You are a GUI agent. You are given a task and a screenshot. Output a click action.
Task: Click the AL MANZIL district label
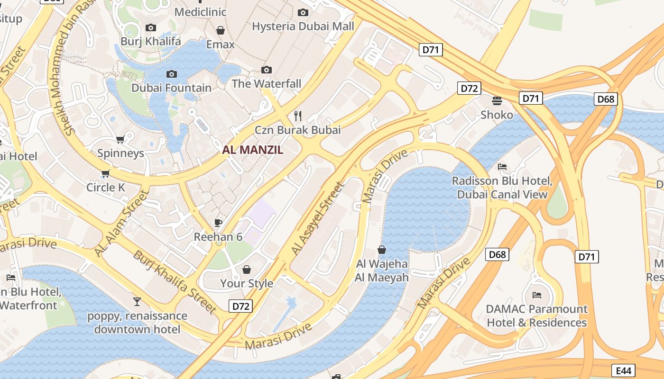253,150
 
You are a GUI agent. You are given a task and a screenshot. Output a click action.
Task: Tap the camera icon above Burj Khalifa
151,28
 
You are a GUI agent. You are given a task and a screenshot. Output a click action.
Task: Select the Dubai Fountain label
171,88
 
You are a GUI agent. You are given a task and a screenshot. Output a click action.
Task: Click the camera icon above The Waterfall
267,70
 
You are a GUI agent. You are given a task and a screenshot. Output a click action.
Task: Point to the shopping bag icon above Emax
221,31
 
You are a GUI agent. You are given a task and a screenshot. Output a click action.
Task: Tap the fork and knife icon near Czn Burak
298,115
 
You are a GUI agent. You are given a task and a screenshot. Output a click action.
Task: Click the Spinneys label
120,153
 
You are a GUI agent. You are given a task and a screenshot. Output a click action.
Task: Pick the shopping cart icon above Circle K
105,174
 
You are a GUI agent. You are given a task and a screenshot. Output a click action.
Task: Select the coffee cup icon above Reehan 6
218,223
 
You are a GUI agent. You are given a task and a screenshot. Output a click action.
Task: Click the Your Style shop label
247,283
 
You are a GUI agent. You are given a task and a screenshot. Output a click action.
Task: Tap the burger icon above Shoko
497,100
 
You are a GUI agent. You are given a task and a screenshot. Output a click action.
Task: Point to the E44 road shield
624,370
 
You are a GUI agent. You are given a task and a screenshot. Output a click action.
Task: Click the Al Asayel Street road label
317,218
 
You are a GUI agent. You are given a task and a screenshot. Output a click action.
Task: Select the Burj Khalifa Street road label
174,281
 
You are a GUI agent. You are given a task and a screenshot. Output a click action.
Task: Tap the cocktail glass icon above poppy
137,301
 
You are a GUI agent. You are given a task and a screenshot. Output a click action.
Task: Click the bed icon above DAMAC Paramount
537,295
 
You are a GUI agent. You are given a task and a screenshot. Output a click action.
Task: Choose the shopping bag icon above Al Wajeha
382,249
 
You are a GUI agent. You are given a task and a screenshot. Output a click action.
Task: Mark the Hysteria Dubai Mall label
303,26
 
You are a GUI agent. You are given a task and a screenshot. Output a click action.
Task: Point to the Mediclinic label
201,11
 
